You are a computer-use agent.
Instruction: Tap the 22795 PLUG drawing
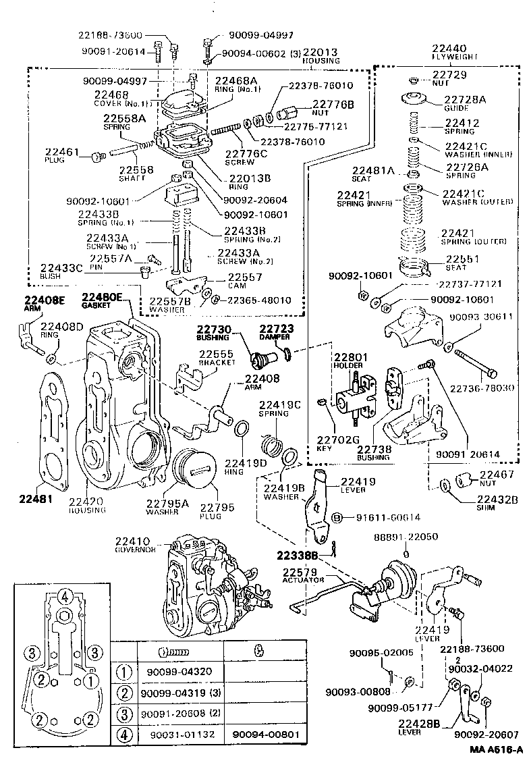point(196,470)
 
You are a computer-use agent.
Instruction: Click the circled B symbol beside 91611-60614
point(337,518)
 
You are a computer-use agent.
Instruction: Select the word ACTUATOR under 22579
point(304,580)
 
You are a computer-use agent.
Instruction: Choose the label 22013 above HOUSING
point(321,52)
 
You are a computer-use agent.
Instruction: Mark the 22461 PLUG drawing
point(95,157)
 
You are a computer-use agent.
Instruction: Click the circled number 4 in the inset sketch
point(64,595)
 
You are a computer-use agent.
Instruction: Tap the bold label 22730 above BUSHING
point(214,329)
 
